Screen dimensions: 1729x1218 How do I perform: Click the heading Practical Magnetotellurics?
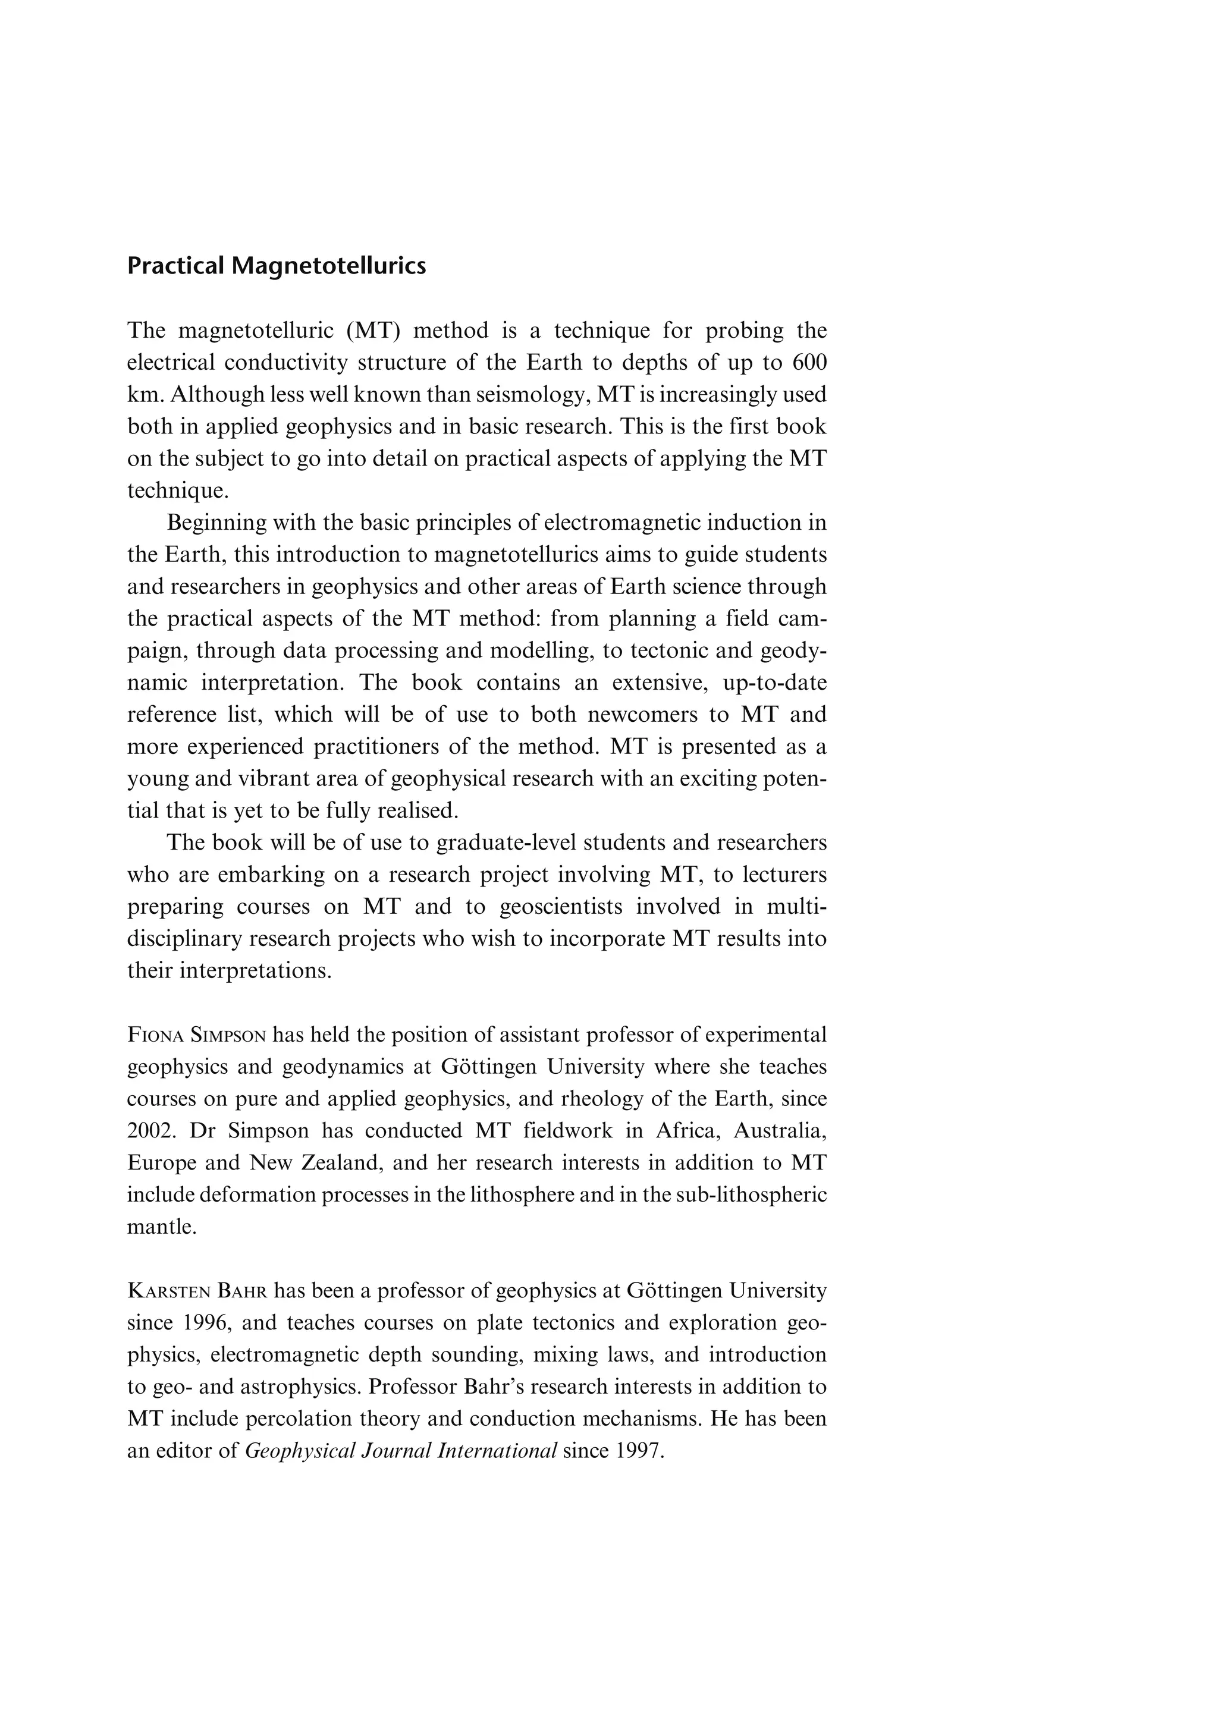tap(277, 266)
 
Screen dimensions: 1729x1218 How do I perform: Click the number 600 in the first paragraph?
tap(810, 363)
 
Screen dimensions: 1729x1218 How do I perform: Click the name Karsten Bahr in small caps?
tap(197, 1291)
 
